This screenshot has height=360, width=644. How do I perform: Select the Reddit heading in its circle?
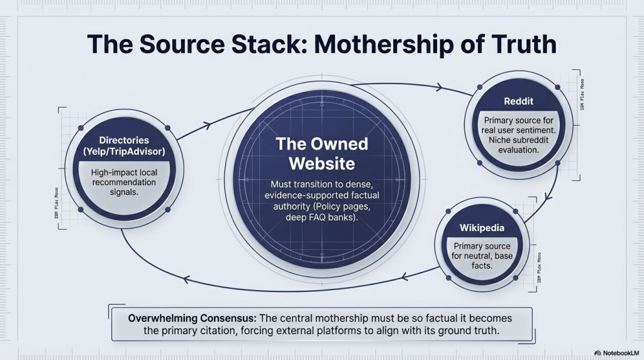pyautogui.click(x=519, y=101)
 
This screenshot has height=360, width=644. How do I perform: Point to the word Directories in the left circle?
pyautogui.click(x=123, y=140)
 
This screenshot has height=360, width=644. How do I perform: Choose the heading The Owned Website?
pyautogui.click(x=321, y=154)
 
